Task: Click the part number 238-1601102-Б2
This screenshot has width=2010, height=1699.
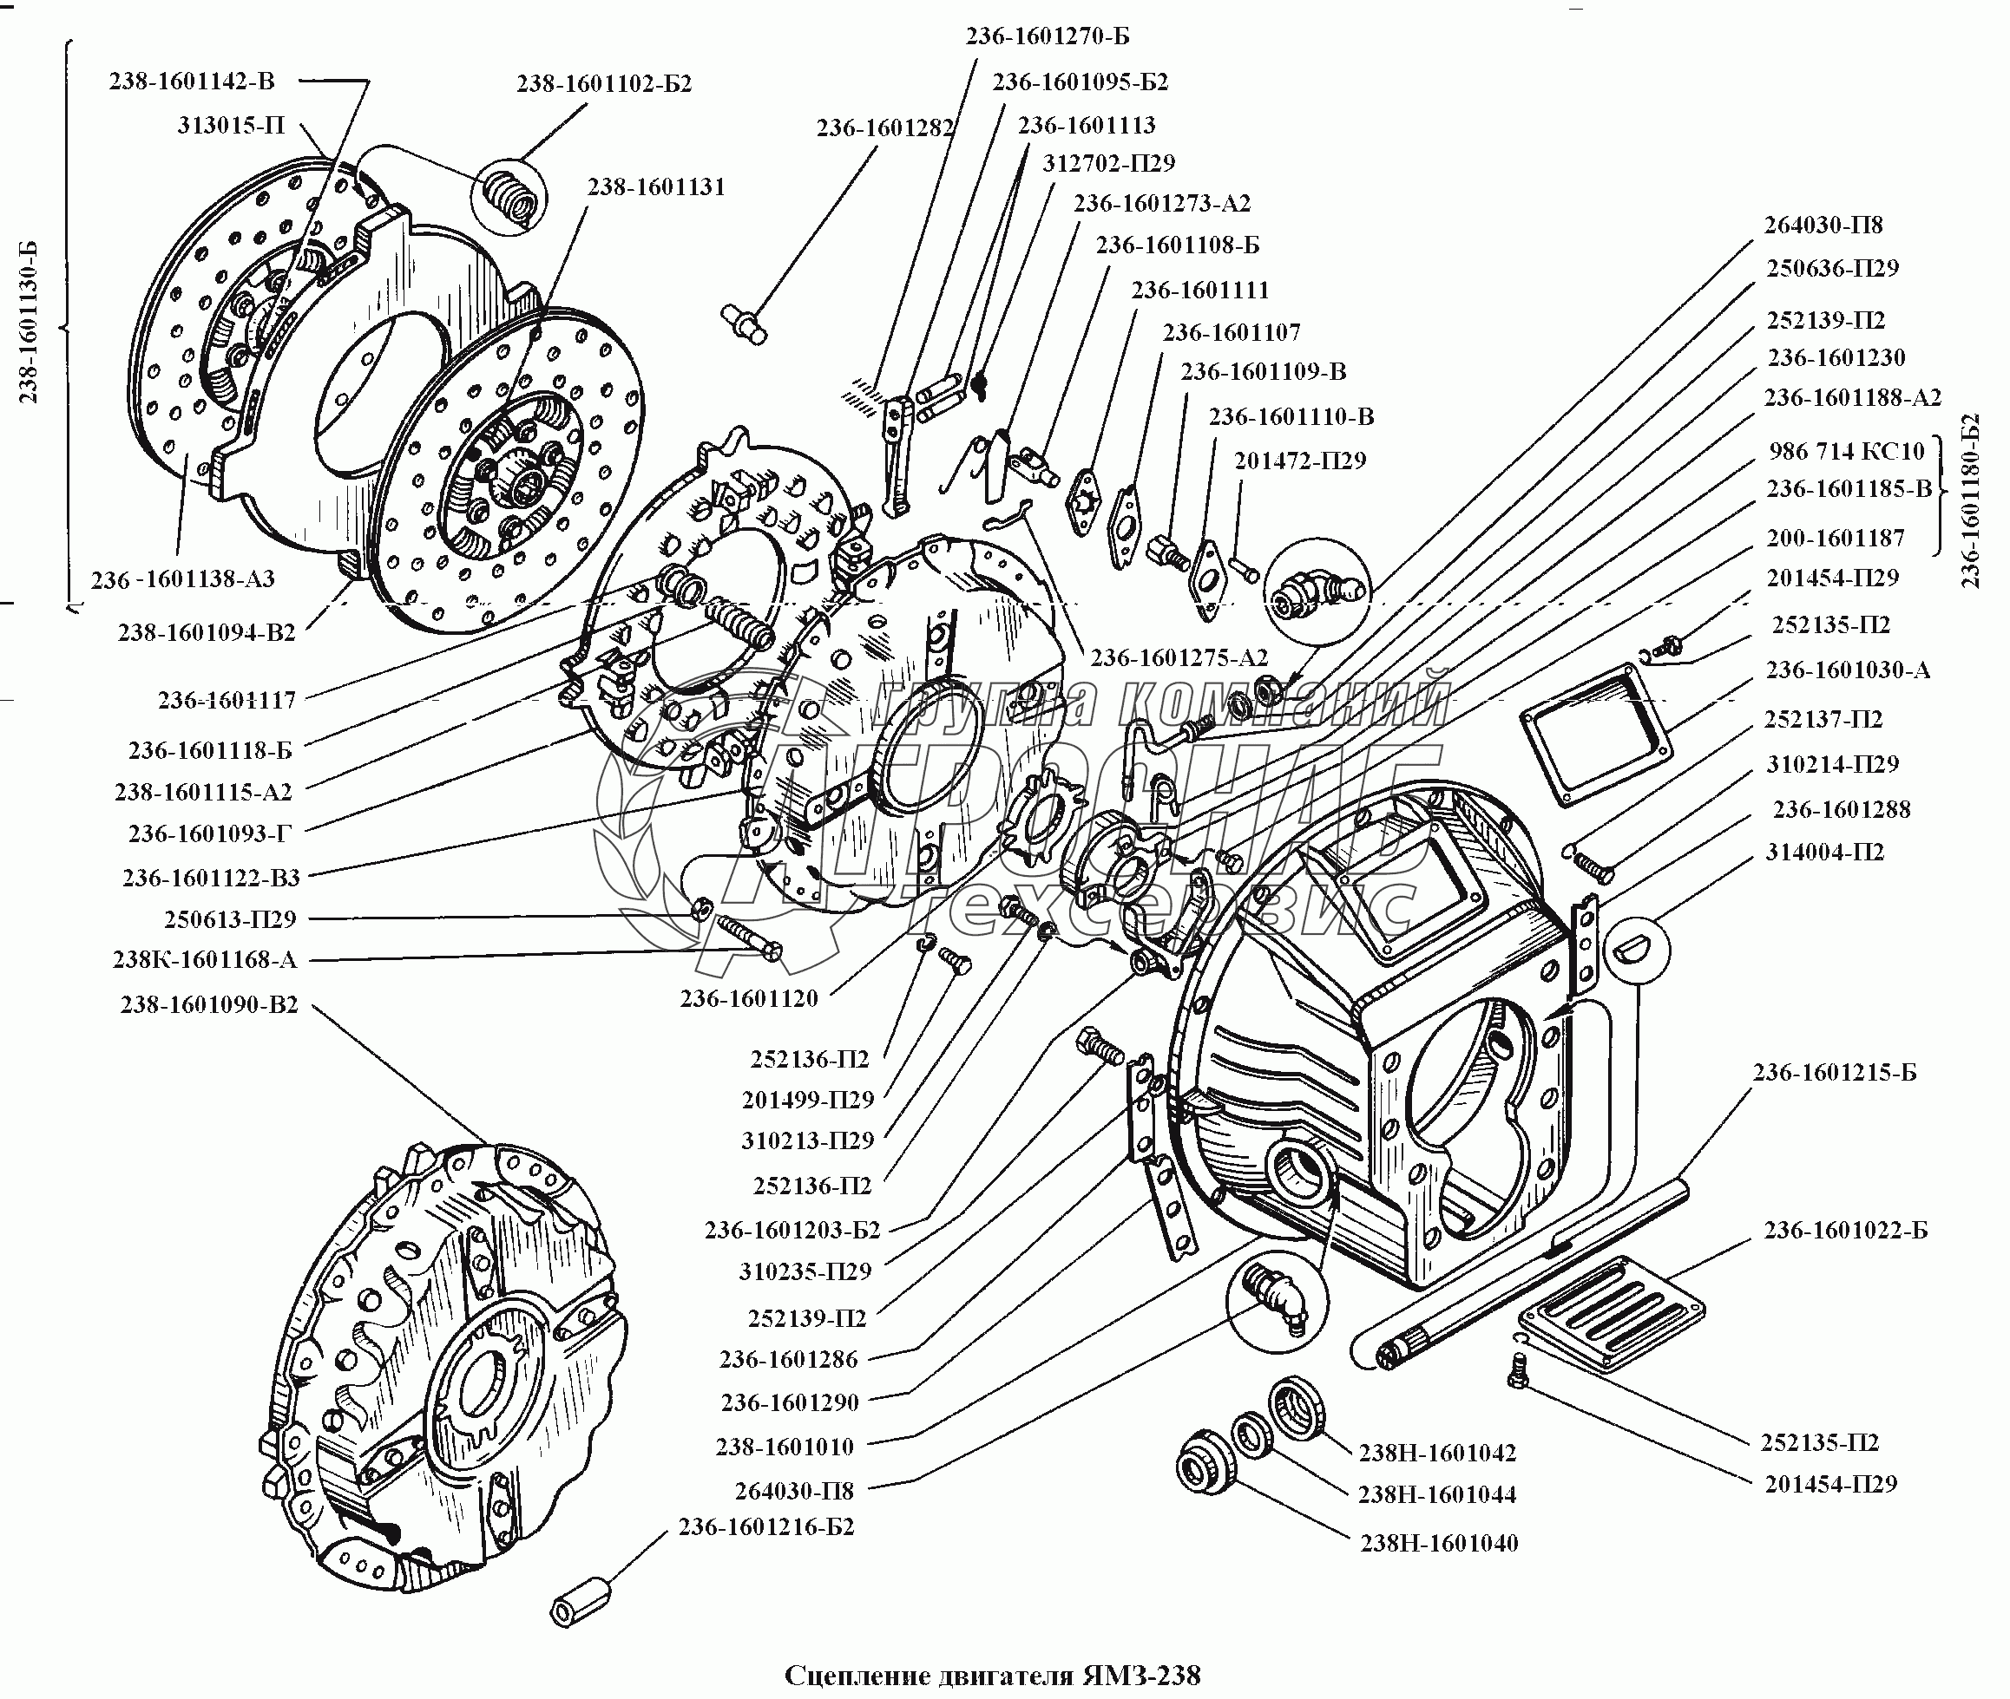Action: pyautogui.click(x=604, y=84)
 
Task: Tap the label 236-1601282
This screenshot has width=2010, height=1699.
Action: pyautogui.click(x=884, y=128)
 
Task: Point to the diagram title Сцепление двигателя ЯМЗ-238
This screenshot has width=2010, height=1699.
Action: pyautogui.click(x=993, y=1676)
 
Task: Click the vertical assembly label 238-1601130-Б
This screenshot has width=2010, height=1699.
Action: pyautogui.click(x=29, y=322)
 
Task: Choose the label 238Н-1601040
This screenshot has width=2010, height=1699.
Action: pyautogui.click(x=1439, y=1543)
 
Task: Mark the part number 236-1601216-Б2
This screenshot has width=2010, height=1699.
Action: pyautogui.click(x=766, y=1526)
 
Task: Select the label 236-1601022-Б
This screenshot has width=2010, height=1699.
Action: pyautogui.click(x=1845, y=1230)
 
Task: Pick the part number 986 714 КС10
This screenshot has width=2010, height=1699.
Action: pyautogui.click(x=1846, y=451)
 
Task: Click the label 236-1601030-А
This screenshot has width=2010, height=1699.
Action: pyautogui.click(x=1847, y=670)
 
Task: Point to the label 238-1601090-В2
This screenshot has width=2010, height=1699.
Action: pyautogui.click(x=209, y=1004)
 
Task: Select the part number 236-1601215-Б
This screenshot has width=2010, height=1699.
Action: pyautogui.click(x=1835, y=1072)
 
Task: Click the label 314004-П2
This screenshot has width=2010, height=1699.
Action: pyautogui.click(x=1824, y=852)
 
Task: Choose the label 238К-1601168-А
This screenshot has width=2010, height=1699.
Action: pyautogui.click(x=204, y=959)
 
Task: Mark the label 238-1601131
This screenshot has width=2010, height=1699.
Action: pyautogui.click(x=656, y=186)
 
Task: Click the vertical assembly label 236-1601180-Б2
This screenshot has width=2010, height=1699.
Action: pyautogui.click(x=1969, y=500)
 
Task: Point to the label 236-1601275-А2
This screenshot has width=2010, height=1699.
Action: pyautogui.click(x=1179, y=658)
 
